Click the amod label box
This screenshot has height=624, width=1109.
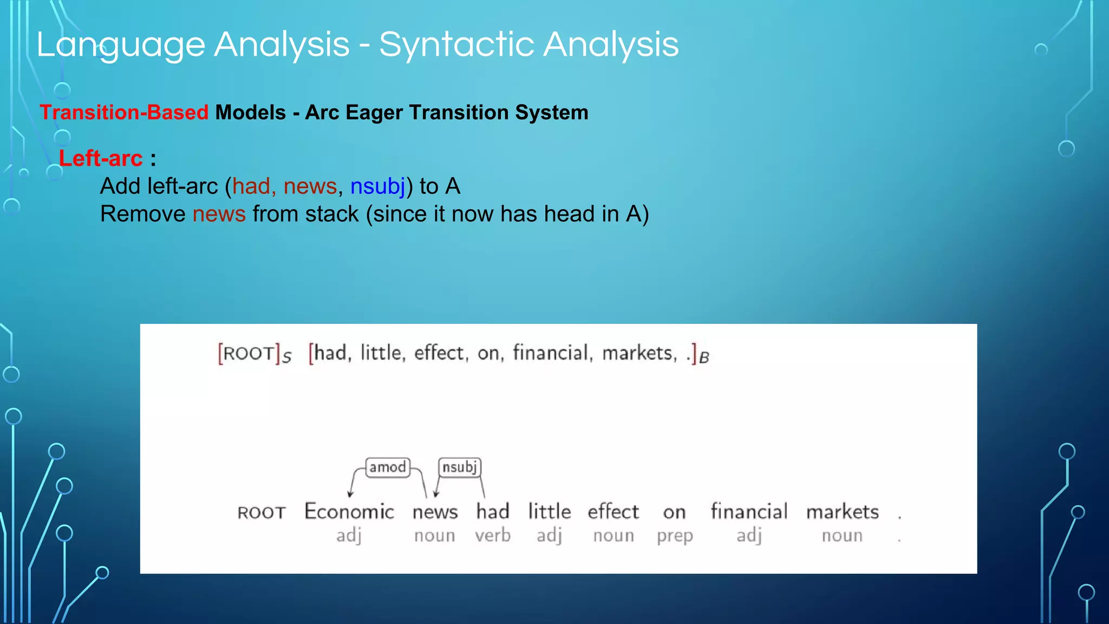(388, 467)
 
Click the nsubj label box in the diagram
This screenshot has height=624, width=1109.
(459, 467)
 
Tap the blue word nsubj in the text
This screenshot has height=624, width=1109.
(377, 186)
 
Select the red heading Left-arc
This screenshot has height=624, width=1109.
(101, 159)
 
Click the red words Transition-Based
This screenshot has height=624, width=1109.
(124, 113)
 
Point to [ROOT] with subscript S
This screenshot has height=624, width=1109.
(253, 354)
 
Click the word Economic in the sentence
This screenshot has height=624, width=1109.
(349, 511)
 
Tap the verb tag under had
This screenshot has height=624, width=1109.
(493, 535)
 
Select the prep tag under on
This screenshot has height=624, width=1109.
(675, 536)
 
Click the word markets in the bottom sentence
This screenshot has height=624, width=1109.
(842, 511)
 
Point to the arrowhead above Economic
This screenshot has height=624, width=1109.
(350, 493)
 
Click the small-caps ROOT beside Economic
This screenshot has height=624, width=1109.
(262, 512)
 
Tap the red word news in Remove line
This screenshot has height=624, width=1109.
(219, 214)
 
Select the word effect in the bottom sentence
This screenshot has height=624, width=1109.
(613, 511)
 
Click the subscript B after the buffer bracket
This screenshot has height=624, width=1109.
(704, 358)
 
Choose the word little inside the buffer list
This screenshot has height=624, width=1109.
(381, 353)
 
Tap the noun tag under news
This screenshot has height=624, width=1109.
(434, 535)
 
